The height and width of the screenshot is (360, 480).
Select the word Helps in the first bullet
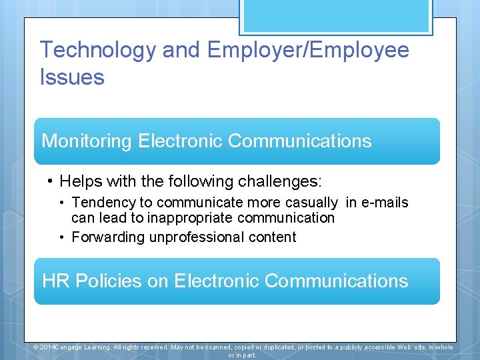pyautogui.click(x=79, y=181)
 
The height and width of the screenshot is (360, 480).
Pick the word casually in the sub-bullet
pyautogui.click(x=313, y=203)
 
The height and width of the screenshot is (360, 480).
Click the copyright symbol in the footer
pyautogui.click(x=36, y=347)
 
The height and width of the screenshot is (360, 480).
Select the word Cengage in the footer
pyautogui.click(x=67, y=347)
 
